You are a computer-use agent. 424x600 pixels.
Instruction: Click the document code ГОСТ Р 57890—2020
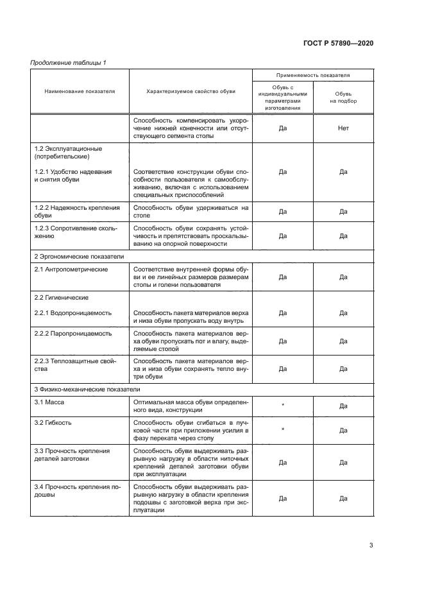click(x=338, y=43)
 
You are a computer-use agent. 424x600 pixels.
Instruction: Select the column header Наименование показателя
click(x=80, y=92)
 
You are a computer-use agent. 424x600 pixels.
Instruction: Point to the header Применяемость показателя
click(x=312, y=75)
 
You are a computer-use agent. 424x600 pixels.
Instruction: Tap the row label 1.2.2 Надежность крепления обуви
click(x=77, y=212)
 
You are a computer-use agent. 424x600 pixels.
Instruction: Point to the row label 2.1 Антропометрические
click(x=71, y=270)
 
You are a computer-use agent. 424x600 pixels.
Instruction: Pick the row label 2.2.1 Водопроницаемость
click(x=72, y=313)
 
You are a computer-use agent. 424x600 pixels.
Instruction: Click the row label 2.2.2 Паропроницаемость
click(x=72, y=334)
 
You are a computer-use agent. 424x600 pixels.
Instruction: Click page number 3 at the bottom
click(x=371, y=545)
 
